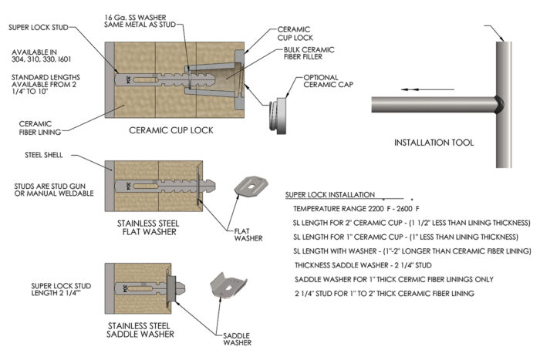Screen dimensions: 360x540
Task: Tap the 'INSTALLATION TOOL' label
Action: (433, 143)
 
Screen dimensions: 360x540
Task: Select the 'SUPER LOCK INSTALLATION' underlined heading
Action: (329, 195)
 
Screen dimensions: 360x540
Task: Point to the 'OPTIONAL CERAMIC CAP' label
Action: (329, 82)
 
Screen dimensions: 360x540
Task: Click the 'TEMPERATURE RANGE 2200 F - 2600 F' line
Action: (356, 209)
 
